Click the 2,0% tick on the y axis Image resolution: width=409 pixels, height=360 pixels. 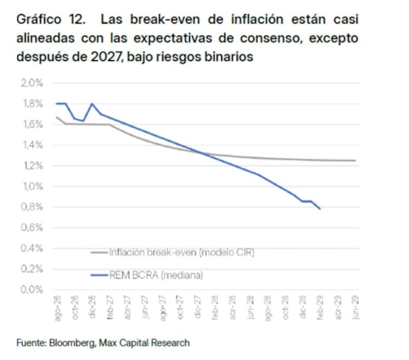click(32, 83)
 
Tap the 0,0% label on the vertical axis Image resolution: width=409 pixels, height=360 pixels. click(32, 290)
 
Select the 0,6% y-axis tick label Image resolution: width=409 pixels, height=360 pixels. click(32, 227)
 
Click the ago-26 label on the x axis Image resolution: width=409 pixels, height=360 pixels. click(58, 308)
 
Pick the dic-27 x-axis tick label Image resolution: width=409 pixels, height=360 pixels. click(197, 307)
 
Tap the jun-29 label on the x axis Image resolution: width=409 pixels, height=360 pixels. click(355, 307)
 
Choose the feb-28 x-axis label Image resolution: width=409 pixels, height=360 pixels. click(215, 307)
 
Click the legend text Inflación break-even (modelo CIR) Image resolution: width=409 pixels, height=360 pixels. click(182, 252)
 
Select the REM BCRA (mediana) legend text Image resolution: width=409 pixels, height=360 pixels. click(156, 275)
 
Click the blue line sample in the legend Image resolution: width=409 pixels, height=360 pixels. click(99, 275)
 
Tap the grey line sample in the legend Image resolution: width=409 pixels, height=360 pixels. click(99, 252)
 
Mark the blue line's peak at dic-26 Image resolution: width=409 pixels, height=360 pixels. click(92, 104)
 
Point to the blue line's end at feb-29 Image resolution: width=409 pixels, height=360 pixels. click(320, 209)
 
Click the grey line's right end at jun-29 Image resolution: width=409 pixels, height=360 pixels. click(355, 160)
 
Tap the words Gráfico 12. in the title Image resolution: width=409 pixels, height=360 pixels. click(51, 19)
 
